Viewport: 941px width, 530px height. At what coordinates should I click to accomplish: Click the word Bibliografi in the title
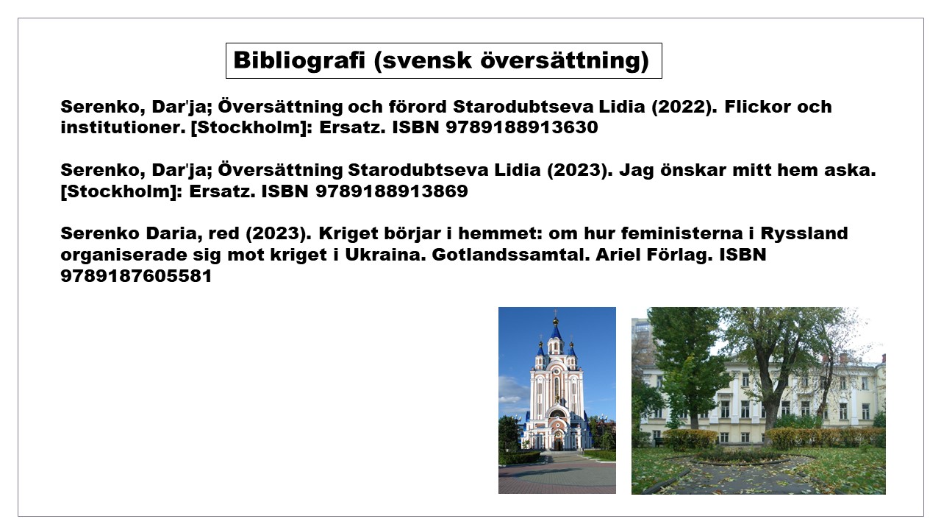(x=299, y=60)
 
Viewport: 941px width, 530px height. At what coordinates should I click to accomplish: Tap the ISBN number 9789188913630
(x=522, y=127)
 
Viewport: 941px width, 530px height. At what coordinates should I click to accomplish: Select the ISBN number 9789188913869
(x=392, y=191)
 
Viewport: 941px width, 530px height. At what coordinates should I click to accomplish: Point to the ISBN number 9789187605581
(x=136, y=276)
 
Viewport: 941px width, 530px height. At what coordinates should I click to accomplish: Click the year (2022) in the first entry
(x=684, y=107)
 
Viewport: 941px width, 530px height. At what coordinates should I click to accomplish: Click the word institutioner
(x=123, y=127)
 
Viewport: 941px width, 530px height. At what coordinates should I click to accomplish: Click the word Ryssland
(x=804, y=234)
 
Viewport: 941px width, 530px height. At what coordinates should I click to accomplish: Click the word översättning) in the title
(x=564, y=60)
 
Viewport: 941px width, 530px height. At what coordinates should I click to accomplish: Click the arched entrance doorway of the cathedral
(x=557, y=442)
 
